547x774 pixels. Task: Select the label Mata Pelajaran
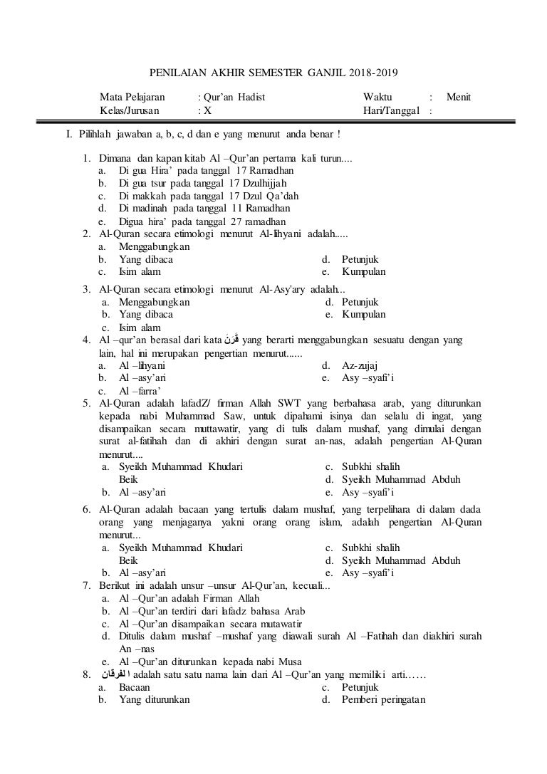click(x=132, y=97)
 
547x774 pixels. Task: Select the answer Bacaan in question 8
click(x=134, y=687)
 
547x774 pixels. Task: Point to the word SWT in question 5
click(x=291, y=403)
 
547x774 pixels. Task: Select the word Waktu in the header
click(x=377, y=97)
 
